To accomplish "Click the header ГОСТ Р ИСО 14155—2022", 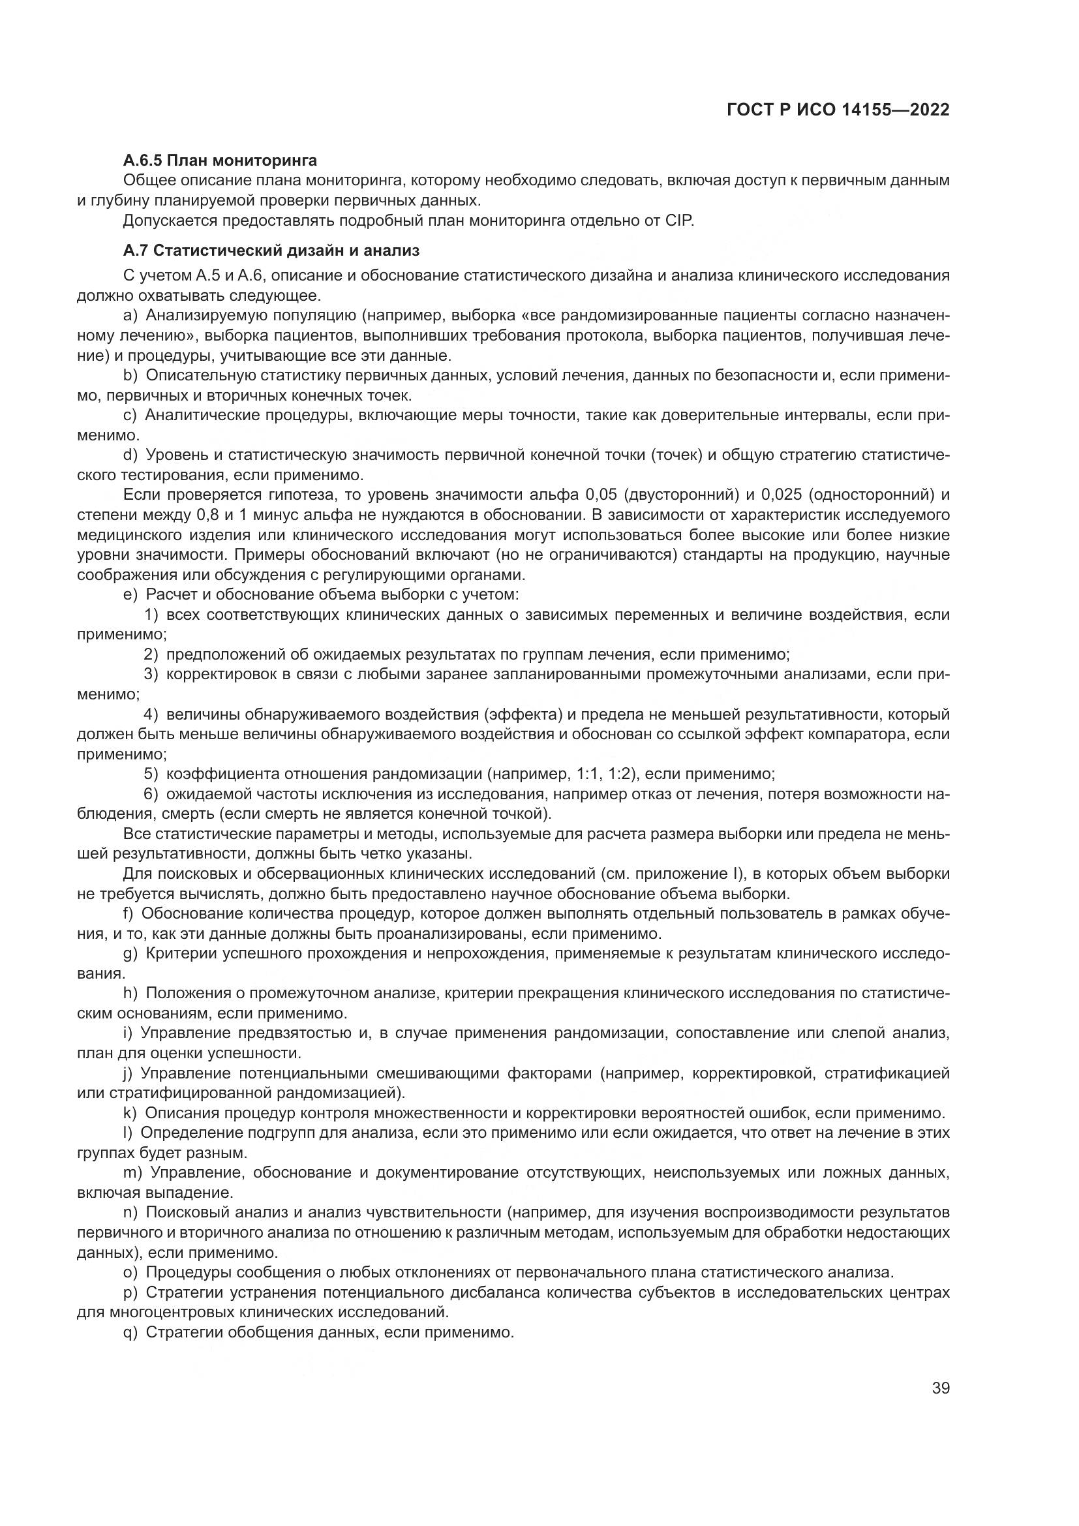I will coord(838,110).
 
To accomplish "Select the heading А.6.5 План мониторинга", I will coord(220,160).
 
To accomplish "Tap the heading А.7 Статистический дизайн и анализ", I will coord(271,251).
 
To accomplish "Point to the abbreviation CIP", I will coord(679,221).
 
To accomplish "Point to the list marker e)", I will coord(130,594).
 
